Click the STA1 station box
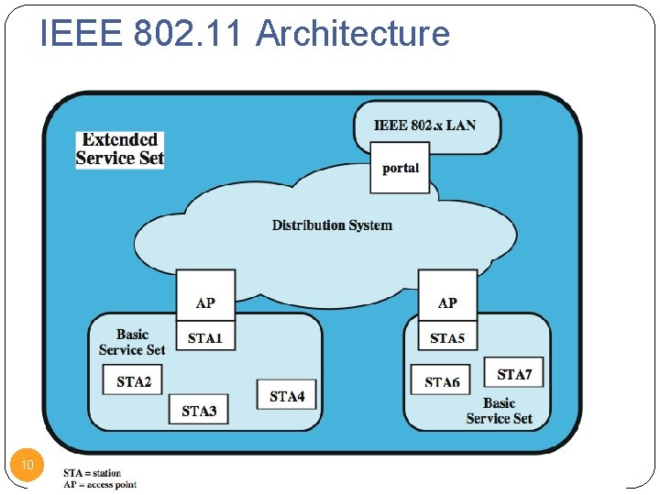click(205, 337)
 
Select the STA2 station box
click(134, 380)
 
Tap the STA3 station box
click(199, 410)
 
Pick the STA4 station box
click(287, 395)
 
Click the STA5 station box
click(447, 337)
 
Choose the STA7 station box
click(513, 373)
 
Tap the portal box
click(400, 168)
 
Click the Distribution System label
click(332, 225)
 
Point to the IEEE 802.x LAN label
click(424, 125)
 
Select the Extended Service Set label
click(119, 149)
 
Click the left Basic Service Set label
click(132, 342)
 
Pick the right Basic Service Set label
click(499, 411)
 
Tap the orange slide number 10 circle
click(27, 465)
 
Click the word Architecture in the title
click(353, 33)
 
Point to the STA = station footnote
click(92, 473)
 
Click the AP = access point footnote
click(100, 484)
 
